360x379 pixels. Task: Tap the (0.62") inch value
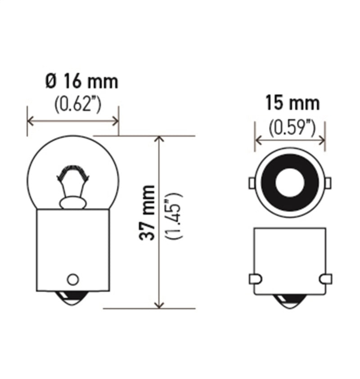[x=78, y=105]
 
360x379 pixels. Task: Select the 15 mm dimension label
[x=292, y=103]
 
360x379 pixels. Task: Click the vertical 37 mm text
[x=147, y=212]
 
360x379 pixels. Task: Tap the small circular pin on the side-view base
[x=72, y=279]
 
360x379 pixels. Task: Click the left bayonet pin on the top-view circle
[x=252, y=183]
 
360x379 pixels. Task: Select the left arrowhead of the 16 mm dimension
[x=31, y=120]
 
